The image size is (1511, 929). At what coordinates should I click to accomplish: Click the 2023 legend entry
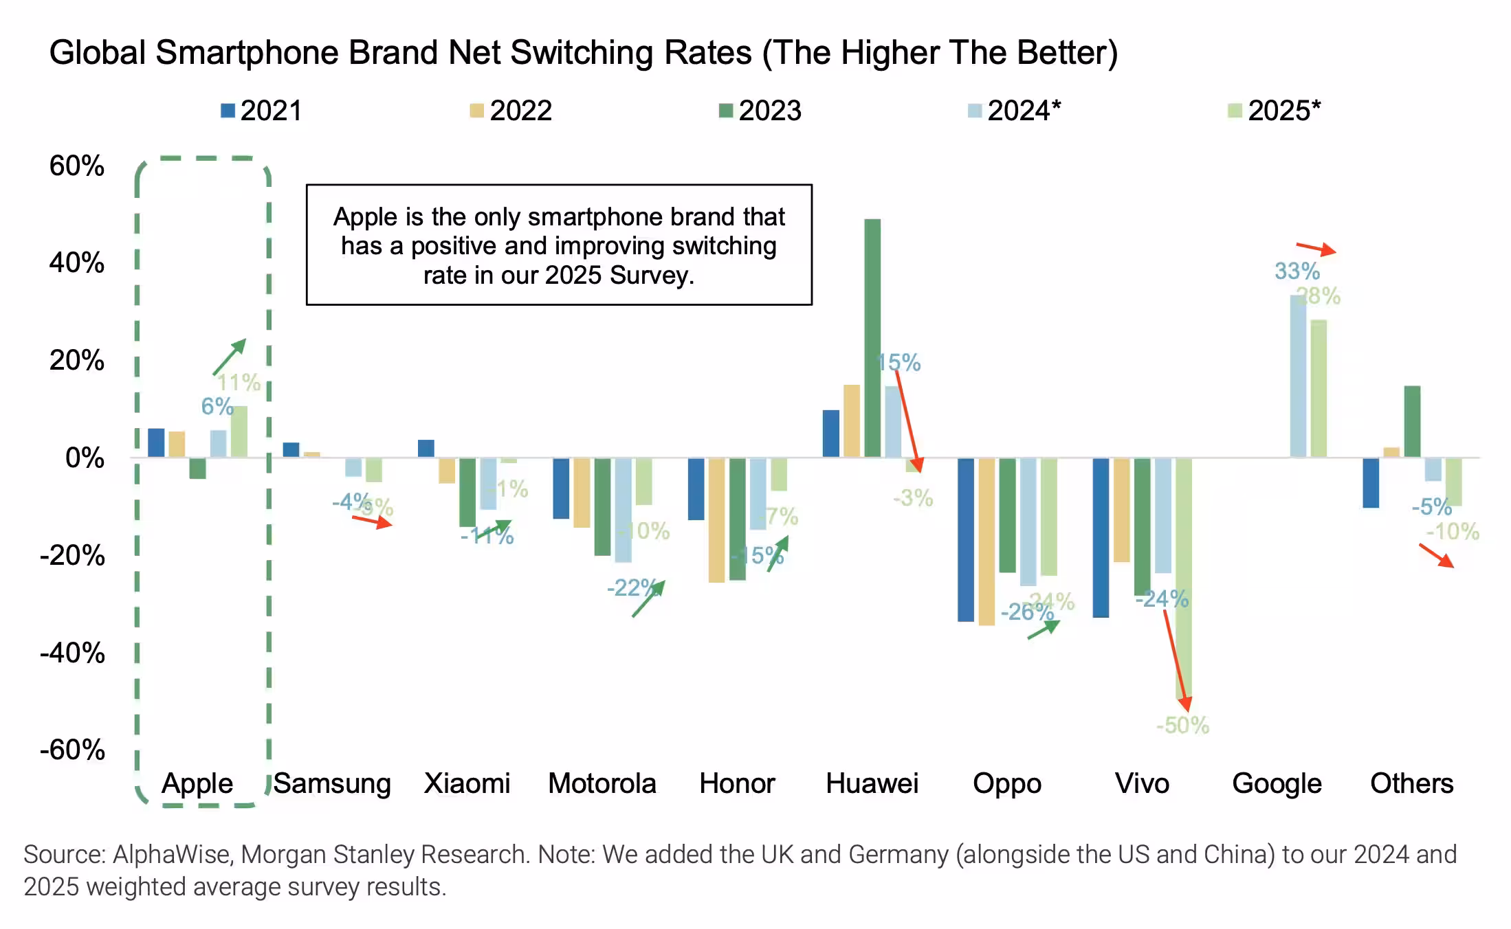tap(760, 111)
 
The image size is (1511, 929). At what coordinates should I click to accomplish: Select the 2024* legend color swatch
tap(974, 111)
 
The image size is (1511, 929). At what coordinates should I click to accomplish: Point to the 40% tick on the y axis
tap(76, 263)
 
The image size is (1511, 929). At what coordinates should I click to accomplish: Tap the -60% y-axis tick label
tap(72, 750)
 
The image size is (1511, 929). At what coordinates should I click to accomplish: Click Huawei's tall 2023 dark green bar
tap(872, 337)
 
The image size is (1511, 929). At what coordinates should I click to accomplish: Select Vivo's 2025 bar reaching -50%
tap(1183, 577)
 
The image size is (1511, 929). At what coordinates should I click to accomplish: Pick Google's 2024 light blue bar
tap(1297, 376)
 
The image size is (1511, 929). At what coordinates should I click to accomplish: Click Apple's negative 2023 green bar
tap(197, 468)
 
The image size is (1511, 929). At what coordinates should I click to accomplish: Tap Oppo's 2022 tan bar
tap(986, 541)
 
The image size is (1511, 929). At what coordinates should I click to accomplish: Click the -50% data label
tap(1182, 726)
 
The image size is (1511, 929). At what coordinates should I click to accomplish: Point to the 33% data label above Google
tap(1297, 271)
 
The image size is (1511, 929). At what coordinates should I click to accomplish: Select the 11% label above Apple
tap(239, 383)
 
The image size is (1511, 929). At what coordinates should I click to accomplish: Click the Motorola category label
tap(602, 783)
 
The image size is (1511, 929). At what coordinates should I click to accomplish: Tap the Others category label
tap(1411, 783)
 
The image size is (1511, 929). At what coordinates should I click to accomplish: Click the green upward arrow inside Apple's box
tap(229, 357)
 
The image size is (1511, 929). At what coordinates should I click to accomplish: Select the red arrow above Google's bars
tap(1316, 249)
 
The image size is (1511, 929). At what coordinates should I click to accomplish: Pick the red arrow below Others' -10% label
tap(1436, 556)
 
